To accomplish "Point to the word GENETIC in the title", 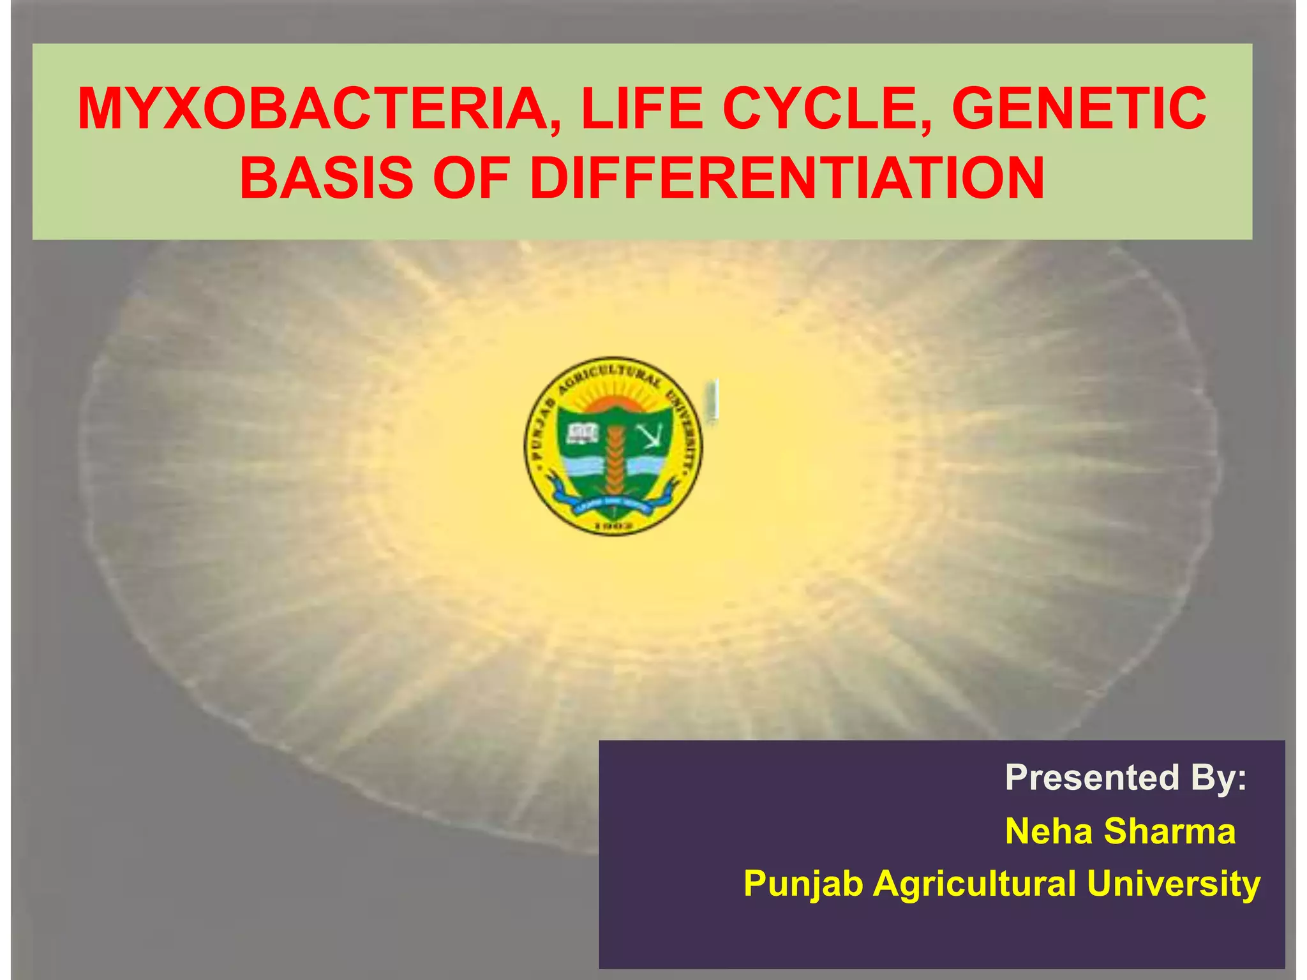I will pyautogui.click(x=1079, y=110).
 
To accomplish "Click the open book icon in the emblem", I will pyautogui.click(x=582, y=434).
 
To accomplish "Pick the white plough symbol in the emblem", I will pyautogui.click(x=650, y=435).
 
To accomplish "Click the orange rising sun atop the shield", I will pyautogui.click(x=611, y=404).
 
